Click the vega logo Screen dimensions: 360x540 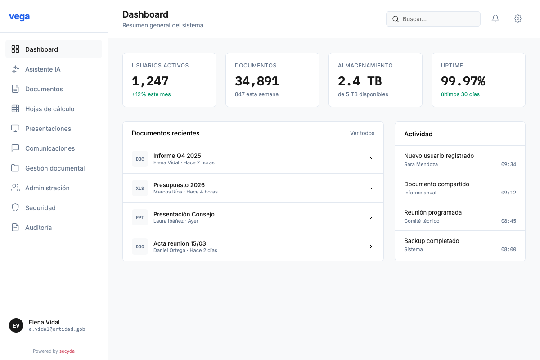[x=19, y=17]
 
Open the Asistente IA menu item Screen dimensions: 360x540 [x=43, y=69]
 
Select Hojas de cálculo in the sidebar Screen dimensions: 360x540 [x=49, y=109]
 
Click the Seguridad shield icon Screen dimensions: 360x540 [x=15, y=208]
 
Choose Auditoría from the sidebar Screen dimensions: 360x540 [x=38, y=228]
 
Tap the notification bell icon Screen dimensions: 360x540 [x=495, y=18]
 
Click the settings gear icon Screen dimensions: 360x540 [x=518, y=18]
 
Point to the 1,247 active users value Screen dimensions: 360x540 [x=150, y=81]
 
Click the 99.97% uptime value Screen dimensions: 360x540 [x=463, y=81]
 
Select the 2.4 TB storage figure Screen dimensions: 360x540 [x=360, y=81]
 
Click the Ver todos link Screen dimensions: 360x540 [x=362, y=133]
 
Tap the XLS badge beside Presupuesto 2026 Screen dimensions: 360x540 [x=140, y=188]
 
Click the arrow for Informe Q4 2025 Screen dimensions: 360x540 [x=371, y=159]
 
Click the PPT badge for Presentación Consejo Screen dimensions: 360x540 [x=140, y=217]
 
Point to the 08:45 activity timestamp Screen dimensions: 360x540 [x=508, y=221]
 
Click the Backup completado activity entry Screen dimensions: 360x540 [x=432, y=241]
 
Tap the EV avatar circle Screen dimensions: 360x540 [x=16, y=325]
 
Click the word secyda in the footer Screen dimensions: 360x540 [x=67, y=351]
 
